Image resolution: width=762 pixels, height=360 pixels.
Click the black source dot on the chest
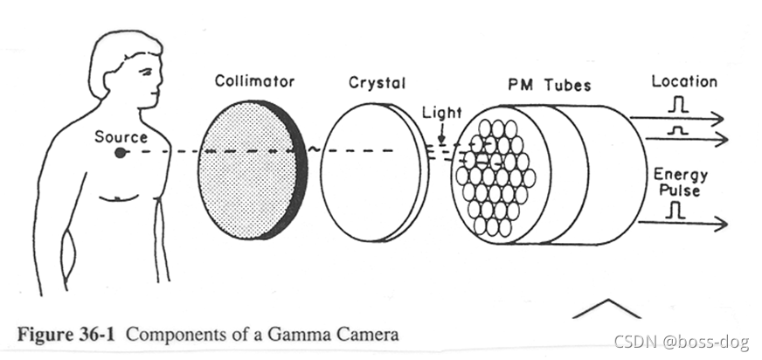(120, 153)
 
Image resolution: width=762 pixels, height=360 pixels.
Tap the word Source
(121, 136)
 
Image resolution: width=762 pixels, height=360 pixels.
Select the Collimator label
(254, 82)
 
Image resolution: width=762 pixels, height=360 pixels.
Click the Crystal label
(377, 83)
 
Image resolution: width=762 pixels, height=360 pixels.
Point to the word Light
(441, 113)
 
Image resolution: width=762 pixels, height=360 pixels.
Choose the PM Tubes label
(549, 85)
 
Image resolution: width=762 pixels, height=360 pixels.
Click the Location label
(683, 81)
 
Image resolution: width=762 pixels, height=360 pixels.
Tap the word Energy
(680, 176)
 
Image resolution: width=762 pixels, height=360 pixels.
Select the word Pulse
(679, 190)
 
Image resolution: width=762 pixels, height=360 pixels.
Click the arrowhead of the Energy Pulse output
(722, 225)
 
